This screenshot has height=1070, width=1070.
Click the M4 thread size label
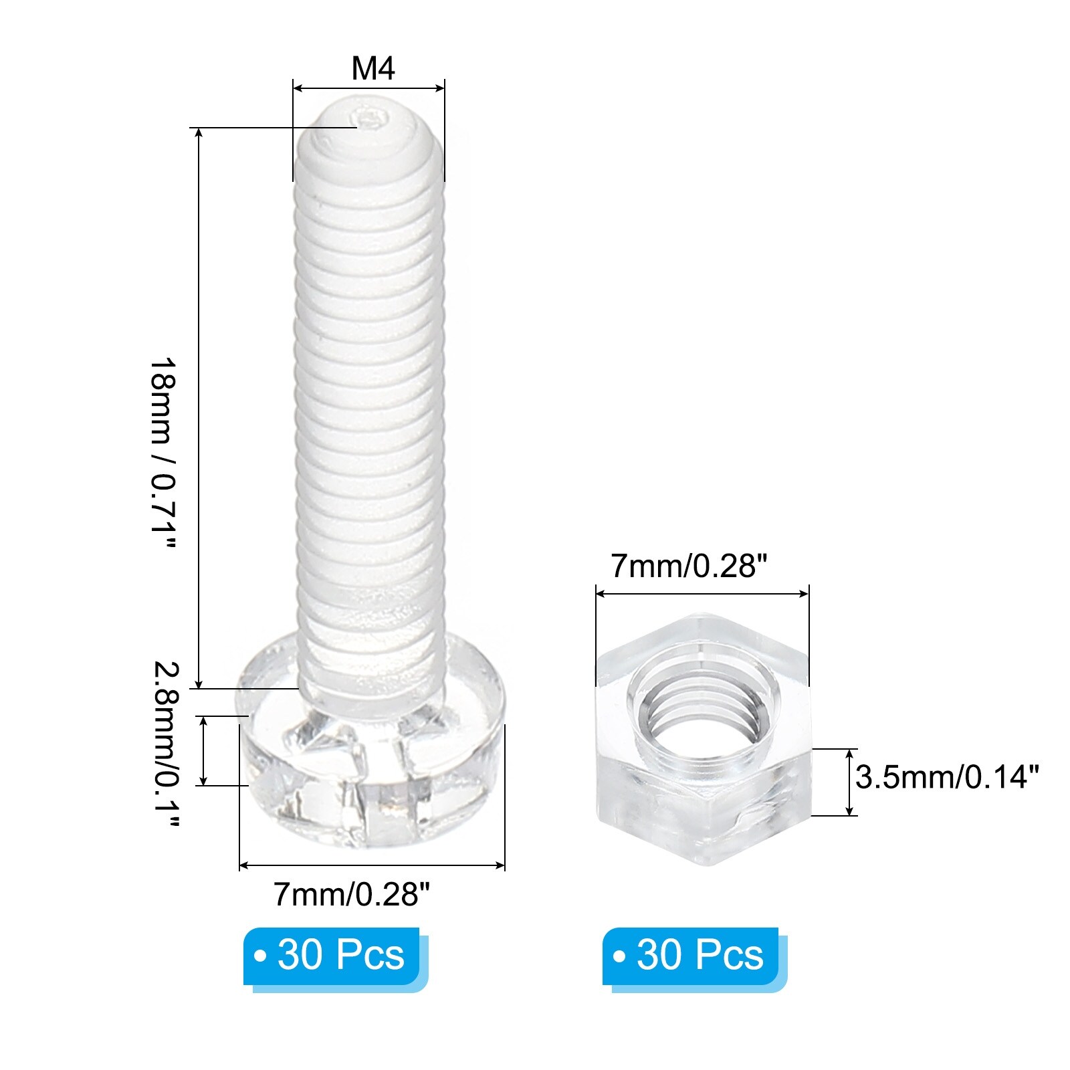point(373,68)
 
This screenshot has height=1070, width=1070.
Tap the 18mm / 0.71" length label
point(163,453)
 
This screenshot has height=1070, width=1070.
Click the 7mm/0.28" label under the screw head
point(352,893)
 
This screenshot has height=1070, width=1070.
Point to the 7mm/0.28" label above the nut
point(688,567)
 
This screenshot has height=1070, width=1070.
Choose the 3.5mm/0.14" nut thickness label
point(948,777)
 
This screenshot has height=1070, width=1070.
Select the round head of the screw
point(370,742)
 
